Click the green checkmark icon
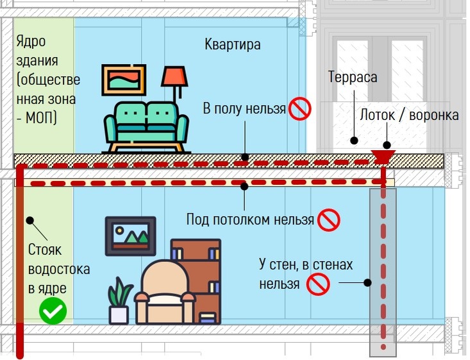click(53, 311)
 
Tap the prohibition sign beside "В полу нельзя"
click(299, 108)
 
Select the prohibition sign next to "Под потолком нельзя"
click(328, 220)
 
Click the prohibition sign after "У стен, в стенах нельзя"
click(318, 284)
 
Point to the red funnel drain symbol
click(383, 157)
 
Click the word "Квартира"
click(233, 44)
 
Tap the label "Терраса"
click(353, 77)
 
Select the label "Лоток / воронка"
click(409, 115)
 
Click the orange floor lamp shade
click(175, 77)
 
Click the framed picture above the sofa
click(124, 80)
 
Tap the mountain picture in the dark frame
click(131, 236)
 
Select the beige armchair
click(164, 293)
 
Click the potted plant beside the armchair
click(119, 301)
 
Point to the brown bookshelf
click(196, 280)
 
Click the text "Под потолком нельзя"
click(250, 219)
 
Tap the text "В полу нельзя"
click(244, 108)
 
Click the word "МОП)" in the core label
click(42, 118)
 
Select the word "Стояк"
click(45, 250)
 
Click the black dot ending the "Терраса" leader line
click(355, 140)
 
